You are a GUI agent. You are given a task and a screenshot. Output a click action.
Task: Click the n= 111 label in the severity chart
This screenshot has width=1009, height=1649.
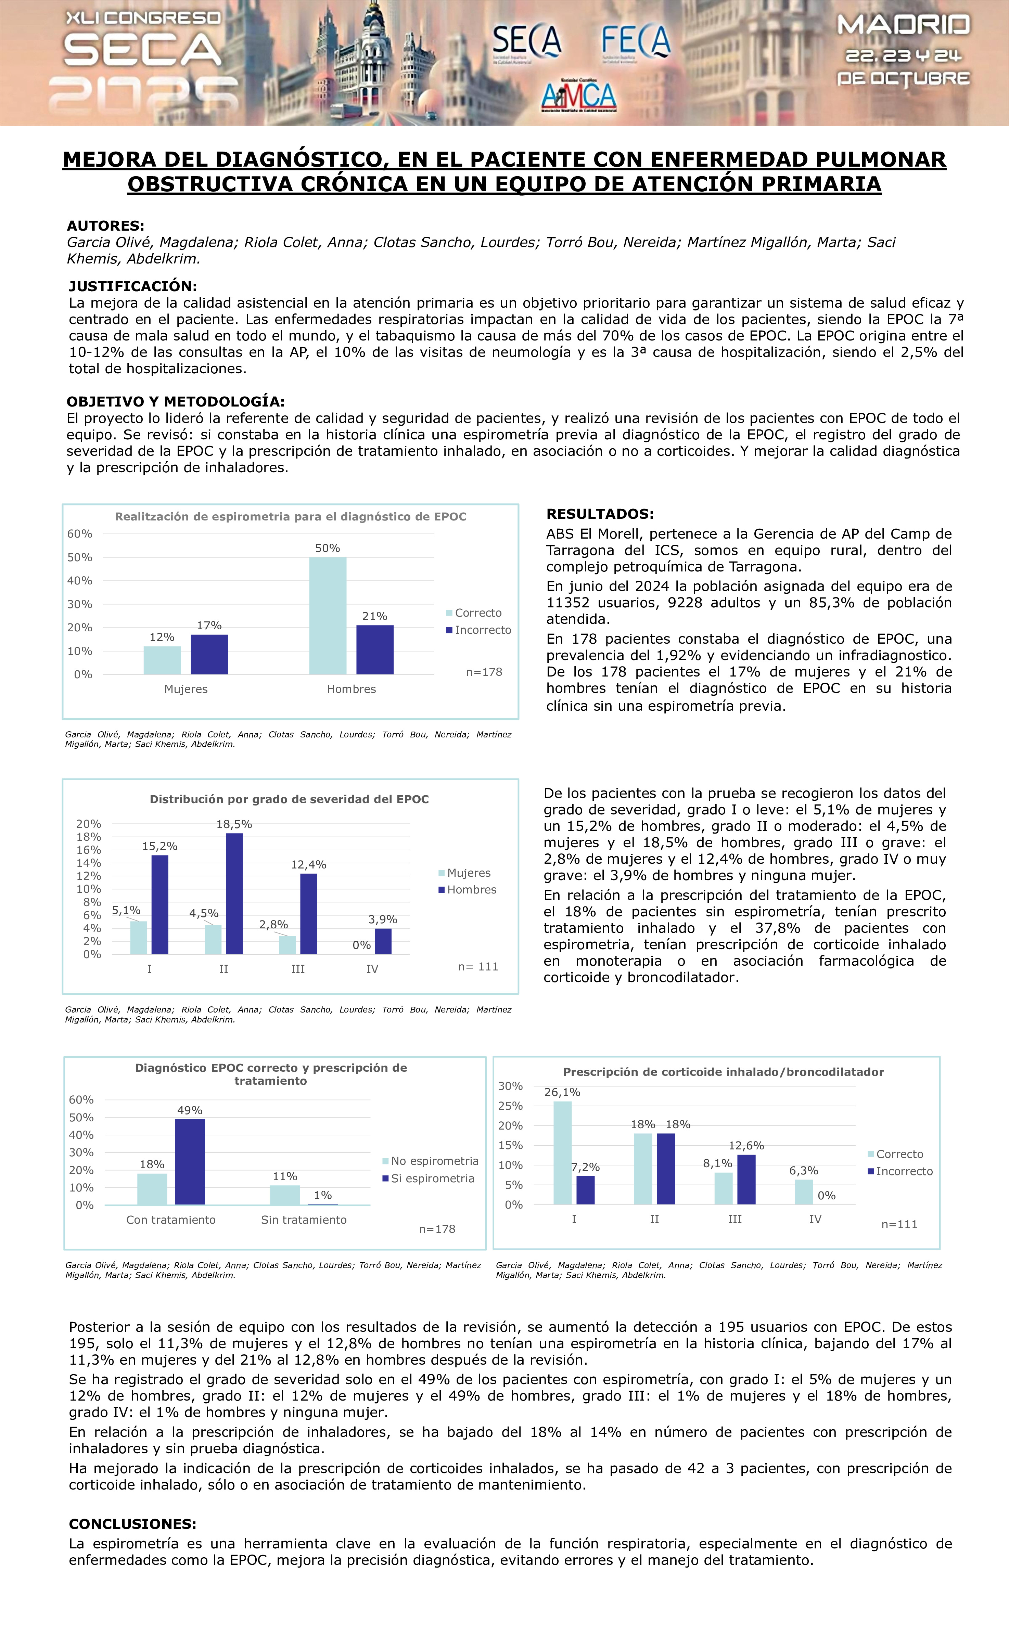pyautogui.click(x=478, y=966)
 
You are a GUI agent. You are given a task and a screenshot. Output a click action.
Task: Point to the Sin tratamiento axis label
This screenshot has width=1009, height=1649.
pyautogui.click(x=304, y=1220)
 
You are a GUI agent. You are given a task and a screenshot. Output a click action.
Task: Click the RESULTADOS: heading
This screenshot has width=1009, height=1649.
pyautogui.click(x=600, y=514)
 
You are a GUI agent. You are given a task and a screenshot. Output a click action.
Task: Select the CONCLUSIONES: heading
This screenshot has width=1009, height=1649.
pyautogui.click(x=132, y=1524)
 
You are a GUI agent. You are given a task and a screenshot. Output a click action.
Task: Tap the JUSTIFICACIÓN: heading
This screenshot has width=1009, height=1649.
pyautogui.click(x=132, y=286)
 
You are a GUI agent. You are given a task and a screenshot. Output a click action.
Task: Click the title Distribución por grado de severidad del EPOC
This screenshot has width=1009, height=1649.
pyautogui.click(x=289, y=799)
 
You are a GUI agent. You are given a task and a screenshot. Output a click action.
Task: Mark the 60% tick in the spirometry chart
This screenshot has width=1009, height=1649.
pyautogui.click(x=80, y=533)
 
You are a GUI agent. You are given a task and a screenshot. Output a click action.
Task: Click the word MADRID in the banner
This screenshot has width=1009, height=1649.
pyautogui.click(x=903, y=25)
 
